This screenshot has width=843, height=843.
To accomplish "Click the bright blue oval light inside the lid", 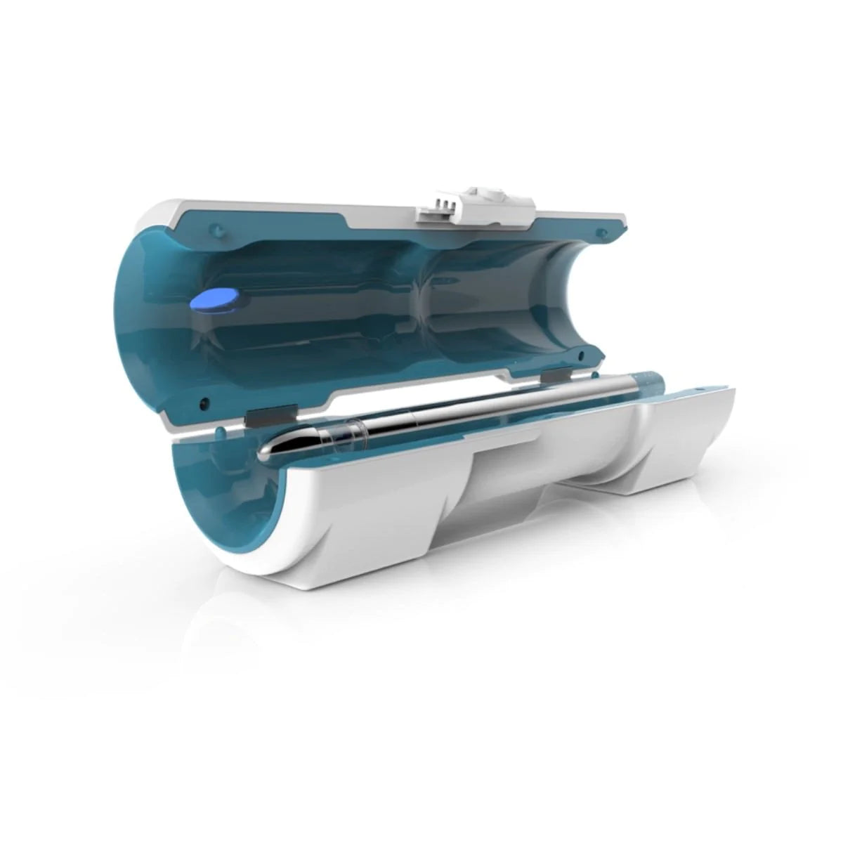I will click(214, 301).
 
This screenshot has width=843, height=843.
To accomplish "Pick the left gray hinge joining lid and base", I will click(261, 418).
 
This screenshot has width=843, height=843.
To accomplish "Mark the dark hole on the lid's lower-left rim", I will click(204, 402).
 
